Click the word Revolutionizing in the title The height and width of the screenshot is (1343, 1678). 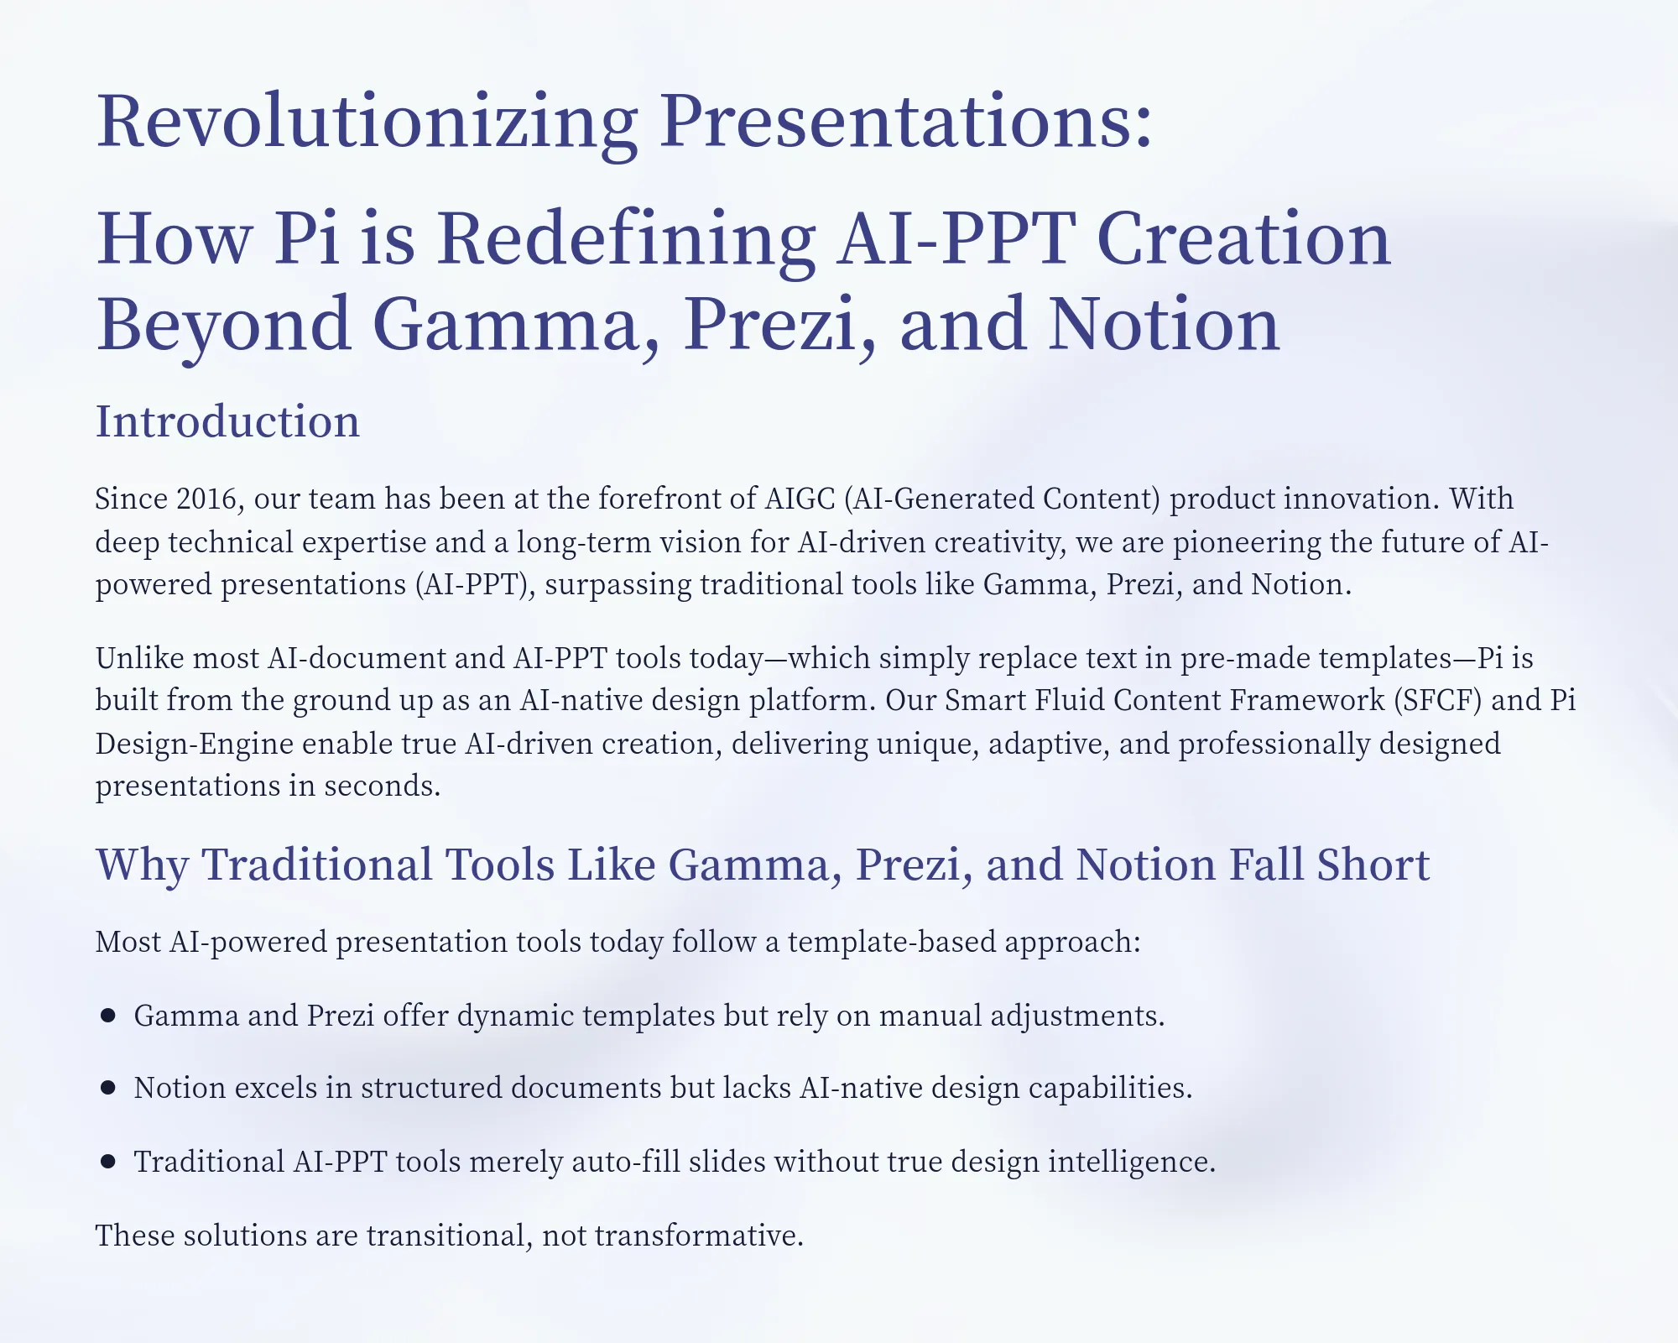(367, 122)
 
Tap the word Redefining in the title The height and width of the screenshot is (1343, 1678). (626, 240)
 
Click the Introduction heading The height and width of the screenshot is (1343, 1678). (227, 421)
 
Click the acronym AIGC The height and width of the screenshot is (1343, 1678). (800, 499)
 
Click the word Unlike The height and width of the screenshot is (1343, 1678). (139, 658)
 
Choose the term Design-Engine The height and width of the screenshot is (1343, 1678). (194, 744)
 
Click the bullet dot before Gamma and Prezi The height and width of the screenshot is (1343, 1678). (107, 1016)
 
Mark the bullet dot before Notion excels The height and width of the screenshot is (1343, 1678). (107, 1088)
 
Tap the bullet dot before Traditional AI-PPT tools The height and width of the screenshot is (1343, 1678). (107, 1162)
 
